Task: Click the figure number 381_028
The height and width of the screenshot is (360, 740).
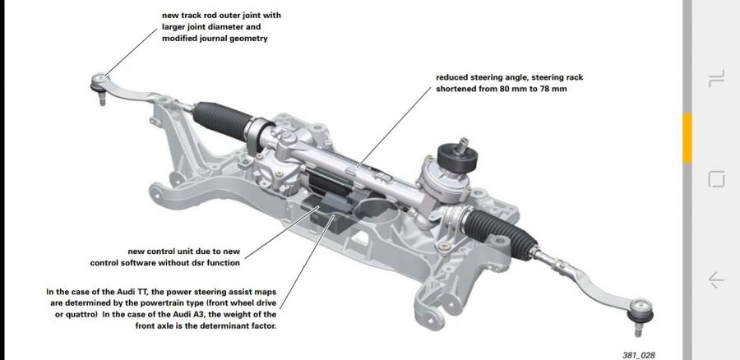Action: click(639, 355)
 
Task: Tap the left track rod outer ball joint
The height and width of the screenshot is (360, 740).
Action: click(99, 84)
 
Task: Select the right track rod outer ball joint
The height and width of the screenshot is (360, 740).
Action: click(640, 312)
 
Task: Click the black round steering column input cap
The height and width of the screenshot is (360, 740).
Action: click(457, 157)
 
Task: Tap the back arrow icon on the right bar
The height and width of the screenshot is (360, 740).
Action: click(716, 279)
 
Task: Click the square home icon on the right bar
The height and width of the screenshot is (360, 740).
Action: click(716, 179)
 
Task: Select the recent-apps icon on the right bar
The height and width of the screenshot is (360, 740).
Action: click(716, 79)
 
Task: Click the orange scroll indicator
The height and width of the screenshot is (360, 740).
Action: click(687, 138)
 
